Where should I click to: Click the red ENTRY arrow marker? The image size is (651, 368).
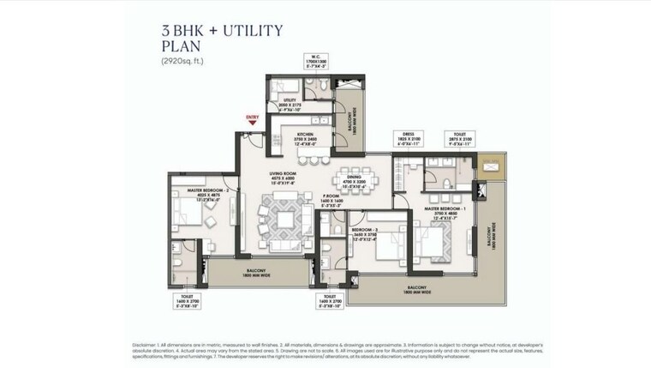(x=253, y=120)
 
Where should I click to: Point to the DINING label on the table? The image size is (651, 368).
(x=354, y=176)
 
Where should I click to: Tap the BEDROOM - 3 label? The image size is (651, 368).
(x=366, y=231)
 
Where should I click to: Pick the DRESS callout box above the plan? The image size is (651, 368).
(x=408, y=139)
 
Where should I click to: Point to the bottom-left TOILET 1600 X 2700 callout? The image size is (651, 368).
(x=189, y=303)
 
